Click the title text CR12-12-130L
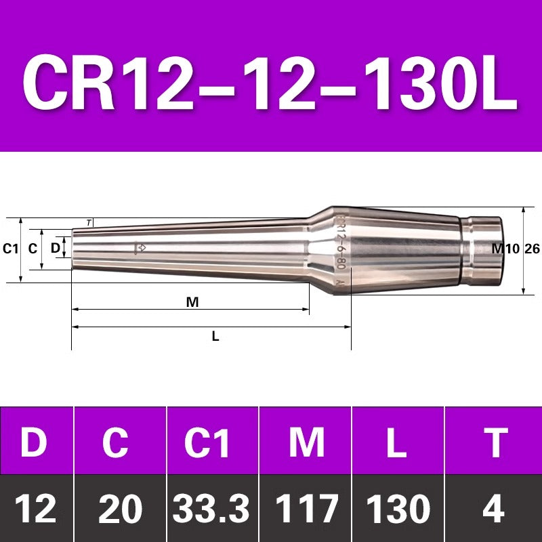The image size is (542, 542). click(x=270, y=82)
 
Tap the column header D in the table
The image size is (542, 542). click(x=33, y=442)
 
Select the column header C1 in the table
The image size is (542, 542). click(x=207, y=442)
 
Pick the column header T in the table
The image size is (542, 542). click(x=495, y=442)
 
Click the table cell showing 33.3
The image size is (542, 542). click(x=211, y=509)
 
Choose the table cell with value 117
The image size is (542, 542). click(x=307, y=509)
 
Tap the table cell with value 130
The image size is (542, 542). click(x=398, y=509)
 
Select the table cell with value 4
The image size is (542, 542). click(x=494, y=509)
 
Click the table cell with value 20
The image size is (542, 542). click(x=120, y=509)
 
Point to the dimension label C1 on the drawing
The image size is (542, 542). click(x=10, y=249)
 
